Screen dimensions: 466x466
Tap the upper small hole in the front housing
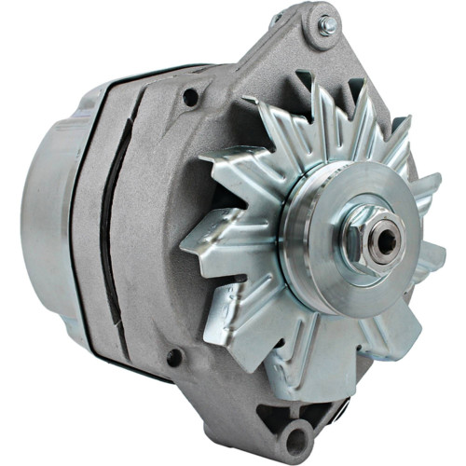(x=190, y=96)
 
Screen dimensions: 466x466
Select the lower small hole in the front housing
(x=173, y=357)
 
